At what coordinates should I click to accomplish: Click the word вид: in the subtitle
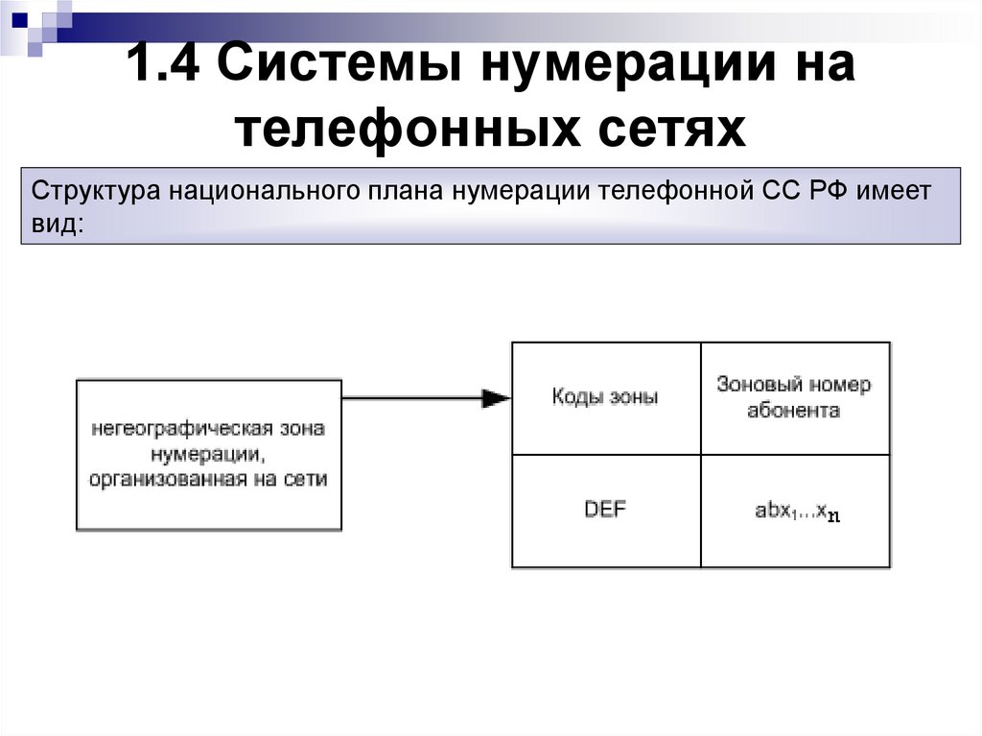58,224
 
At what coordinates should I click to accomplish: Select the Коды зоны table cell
605,397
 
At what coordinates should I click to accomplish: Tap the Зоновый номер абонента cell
794,397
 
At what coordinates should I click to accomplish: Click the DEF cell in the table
605,510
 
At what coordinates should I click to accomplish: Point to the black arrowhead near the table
496,397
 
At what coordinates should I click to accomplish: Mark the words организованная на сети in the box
208,479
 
